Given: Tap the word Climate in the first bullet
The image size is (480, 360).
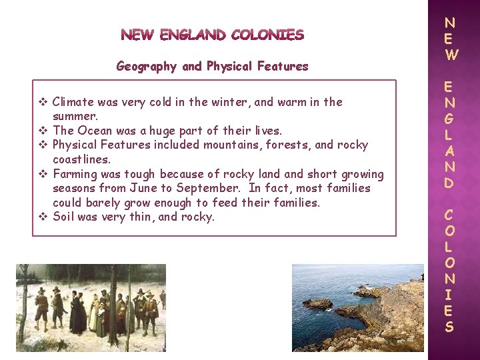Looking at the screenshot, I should (x=73, y=102).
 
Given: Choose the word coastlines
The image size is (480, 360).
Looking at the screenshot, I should (x=81, y=159).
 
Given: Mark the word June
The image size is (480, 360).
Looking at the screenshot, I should (x=144, y=188).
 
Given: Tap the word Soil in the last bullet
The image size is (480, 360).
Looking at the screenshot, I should (x=63, y=216).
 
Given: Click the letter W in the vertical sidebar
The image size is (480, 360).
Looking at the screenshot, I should (x=451, y=56).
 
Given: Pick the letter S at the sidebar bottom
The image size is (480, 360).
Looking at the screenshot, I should (x=449, y=327).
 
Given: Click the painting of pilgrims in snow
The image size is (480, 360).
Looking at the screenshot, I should (x=91, y=307).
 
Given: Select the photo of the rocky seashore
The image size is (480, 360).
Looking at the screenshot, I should (x=357, y=307).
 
